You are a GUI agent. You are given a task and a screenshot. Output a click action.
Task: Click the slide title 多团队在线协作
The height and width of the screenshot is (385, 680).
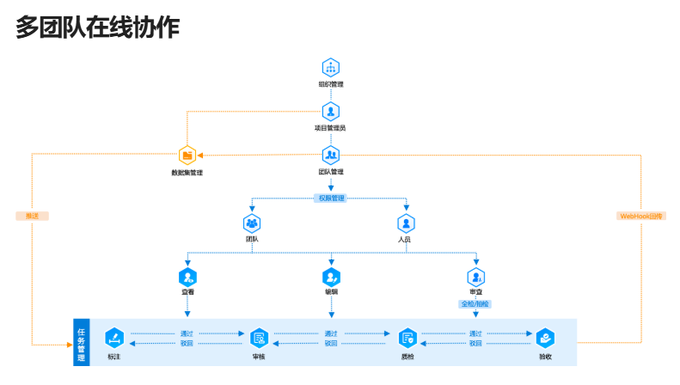[97, 27]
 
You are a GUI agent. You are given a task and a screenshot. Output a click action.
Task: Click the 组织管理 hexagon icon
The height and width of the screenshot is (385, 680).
[331, 68]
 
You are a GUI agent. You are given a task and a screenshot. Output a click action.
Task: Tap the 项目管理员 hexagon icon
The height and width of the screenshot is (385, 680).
[331, 111]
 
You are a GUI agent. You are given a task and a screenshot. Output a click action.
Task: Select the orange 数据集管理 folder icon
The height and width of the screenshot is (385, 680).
[187, 156]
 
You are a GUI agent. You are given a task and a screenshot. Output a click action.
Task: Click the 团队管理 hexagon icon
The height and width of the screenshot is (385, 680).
[331, 156]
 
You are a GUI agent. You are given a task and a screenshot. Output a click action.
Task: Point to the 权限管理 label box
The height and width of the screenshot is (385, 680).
[331, 198]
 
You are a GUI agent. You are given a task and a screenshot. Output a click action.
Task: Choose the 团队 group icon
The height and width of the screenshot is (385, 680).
[252, 223]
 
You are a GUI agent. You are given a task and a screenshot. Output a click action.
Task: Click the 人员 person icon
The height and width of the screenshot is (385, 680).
[404, 223]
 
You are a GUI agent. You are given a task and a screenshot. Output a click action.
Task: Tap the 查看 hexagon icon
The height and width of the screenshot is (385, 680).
[187, 277]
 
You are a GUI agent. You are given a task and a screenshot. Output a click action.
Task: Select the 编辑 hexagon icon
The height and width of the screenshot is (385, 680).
[331, 277]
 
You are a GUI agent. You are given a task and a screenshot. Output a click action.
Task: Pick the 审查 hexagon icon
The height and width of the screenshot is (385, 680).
[475, 277]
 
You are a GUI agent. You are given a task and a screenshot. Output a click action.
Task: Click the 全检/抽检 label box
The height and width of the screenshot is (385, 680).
[475, 303]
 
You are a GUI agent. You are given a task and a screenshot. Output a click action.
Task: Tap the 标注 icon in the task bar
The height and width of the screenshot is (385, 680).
[114, 338]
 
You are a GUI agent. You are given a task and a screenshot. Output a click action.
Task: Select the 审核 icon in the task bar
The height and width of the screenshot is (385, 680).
[259, 338]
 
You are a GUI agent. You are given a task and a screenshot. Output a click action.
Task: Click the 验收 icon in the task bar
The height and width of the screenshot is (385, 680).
[545, 338]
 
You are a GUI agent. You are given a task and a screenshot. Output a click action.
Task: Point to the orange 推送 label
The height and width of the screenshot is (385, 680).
[33, 216]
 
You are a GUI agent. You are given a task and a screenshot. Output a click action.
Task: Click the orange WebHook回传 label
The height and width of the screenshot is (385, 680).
[641, 216]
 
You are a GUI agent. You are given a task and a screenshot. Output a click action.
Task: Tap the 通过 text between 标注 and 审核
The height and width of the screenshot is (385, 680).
[187, 333]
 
